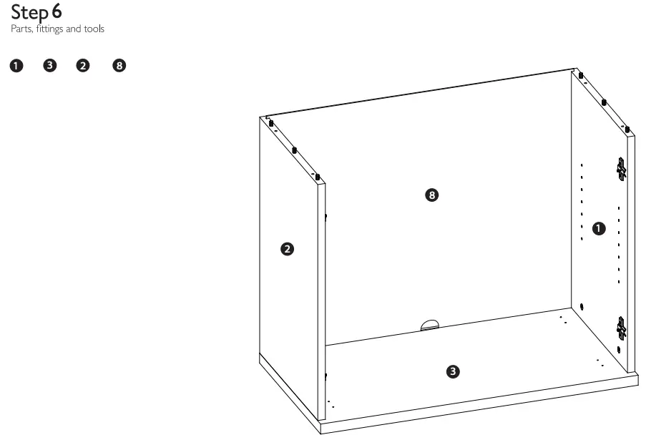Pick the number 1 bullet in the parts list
tap(15, 67)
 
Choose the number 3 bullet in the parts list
tap(49, 67)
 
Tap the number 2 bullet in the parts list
tap(84, 67)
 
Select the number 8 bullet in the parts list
tap(119, 67)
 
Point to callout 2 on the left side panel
tap(286, 249)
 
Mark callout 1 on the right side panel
tap(599, 228)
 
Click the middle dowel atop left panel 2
tap(294, 150)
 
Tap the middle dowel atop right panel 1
tap(605, 102)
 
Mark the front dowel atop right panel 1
tap(627, 129)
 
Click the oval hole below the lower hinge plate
tap(619, 350)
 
